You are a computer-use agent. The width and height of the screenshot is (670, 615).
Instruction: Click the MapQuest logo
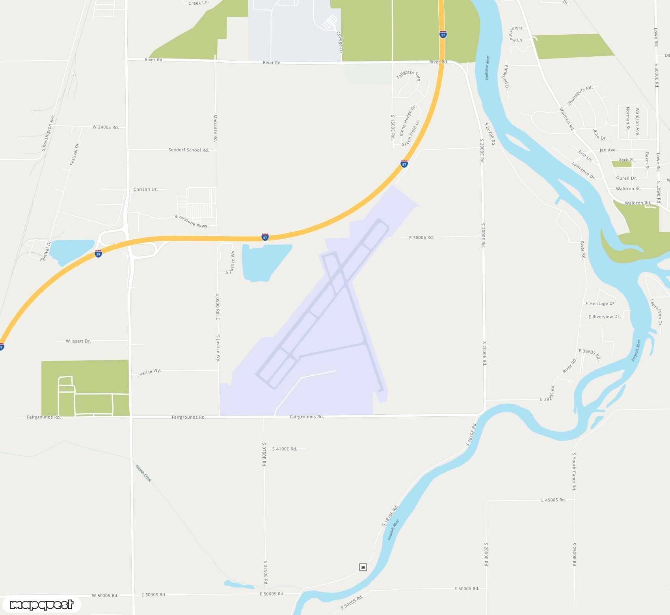(x=41, y=604)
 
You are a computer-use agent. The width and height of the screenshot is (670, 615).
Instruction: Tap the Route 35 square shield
(x=363, y=567)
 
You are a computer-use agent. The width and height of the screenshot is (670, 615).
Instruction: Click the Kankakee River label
(x=487, y=68)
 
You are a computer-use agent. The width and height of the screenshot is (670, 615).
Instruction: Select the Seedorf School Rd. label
(x=188, y=150)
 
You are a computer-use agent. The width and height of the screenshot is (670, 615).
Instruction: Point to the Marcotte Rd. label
(x=215, y=128)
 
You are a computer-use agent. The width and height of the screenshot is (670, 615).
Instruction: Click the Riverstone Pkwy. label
(x=192, y=221)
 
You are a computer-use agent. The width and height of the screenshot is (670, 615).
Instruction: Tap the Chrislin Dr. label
(x=145, y=190)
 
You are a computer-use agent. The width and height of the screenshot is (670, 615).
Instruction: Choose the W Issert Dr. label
(x=78, y=341)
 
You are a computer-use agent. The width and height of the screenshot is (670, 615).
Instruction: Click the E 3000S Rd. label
(x=421, y=238)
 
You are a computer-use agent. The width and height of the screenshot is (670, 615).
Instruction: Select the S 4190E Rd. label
(x=285, y=449)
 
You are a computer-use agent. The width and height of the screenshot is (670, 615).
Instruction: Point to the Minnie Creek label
(x=143, y=473)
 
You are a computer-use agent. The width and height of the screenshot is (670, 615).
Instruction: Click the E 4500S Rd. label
(x=553, y=500)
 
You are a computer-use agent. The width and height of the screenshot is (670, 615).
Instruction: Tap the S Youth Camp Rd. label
(x=574, y=471)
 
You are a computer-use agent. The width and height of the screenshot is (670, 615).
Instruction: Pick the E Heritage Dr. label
(x=600, y=304)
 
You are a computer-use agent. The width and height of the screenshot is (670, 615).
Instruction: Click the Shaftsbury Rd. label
(x=580, y=95)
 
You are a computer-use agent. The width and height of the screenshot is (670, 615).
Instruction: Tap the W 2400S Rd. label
(x=106, y=127)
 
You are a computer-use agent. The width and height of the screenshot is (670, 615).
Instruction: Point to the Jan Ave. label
(x=608, y=150)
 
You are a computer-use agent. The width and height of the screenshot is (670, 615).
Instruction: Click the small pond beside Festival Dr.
(x=71, y=251)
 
